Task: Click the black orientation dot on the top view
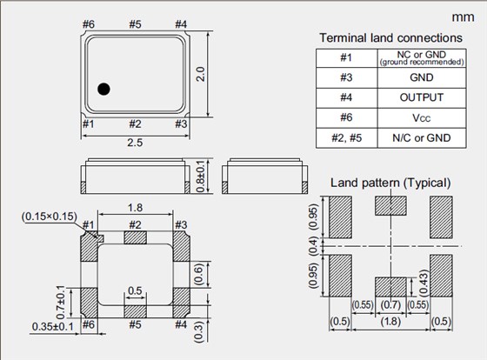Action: point(103,90)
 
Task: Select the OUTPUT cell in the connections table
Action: point(422,97)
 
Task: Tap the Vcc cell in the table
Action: point(422,118)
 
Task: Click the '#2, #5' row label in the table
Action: point(347,137)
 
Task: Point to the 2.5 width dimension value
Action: point(135,143)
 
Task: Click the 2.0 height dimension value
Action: point(201,74)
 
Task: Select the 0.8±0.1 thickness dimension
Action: point(201,177)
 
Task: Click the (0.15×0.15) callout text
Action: point(50,217)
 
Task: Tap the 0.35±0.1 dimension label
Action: point(53,327)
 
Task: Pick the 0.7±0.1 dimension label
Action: point(61,302)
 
